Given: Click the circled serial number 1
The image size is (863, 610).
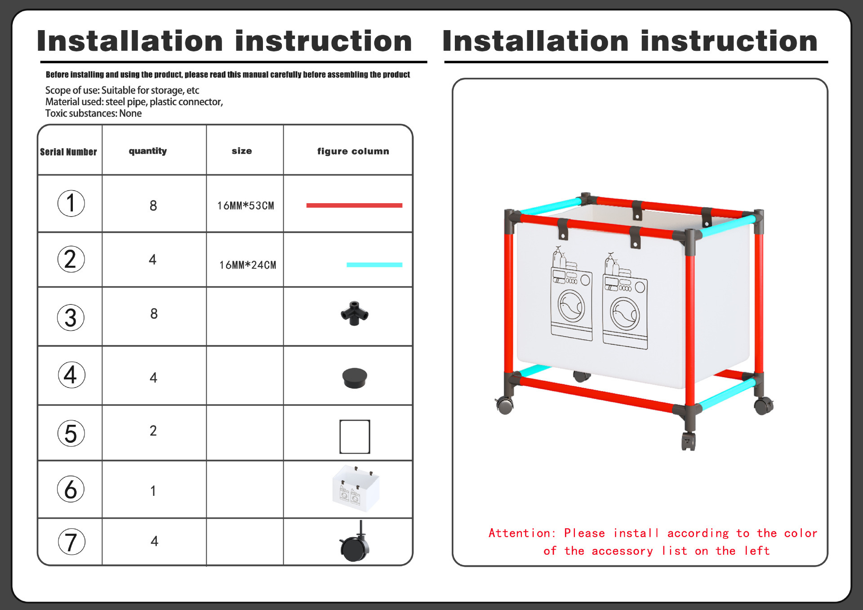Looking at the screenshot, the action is [x=71, y=203].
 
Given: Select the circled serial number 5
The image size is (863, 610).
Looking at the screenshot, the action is [x=71, y=433].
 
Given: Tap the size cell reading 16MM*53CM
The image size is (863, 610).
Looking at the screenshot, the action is [x=245, y=206].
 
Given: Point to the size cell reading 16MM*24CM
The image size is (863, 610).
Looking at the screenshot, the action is [x=248, y=265].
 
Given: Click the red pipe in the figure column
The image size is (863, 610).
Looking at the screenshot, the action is [x=354, y=205].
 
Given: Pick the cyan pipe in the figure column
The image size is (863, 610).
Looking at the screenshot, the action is [x=374, y=265].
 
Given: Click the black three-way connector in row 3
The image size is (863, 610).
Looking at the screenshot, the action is [x=355, y=313].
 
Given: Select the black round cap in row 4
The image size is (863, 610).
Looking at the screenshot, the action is [x=355, y=378].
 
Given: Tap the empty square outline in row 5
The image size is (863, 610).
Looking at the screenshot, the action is [x=355, y=436].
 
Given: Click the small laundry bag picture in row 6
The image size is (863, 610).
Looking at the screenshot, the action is [x=356, y=489].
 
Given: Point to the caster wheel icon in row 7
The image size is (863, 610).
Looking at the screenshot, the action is [x=355, y=544].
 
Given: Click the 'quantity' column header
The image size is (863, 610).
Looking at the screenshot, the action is [x=148, y=151].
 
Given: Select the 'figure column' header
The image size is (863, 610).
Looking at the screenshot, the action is [x=353, y=151].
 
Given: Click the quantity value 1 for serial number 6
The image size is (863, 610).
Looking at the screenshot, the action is [x=153, y=491].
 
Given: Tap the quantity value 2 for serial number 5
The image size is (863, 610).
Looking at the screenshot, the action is [x=153, y=431].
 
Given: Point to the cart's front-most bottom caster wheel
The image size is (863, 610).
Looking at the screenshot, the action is [x=688, y=441].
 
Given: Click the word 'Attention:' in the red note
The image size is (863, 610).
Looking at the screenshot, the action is [x=522, y=533].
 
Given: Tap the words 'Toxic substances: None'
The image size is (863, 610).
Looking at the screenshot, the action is [x=93, y=113].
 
